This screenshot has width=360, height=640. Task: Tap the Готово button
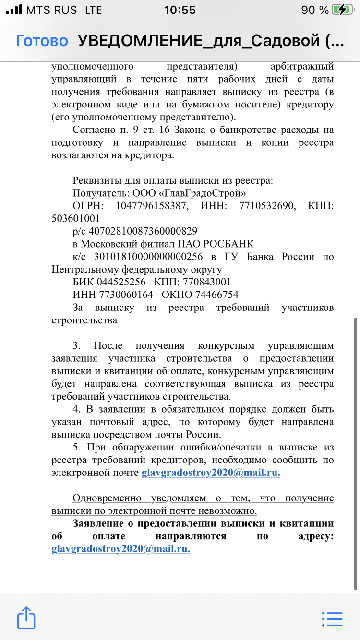click(42, 41)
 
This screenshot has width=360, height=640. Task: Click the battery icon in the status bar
click(343, 10)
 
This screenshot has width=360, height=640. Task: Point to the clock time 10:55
click(180, 10)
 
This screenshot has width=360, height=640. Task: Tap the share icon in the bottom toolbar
click(26, 617)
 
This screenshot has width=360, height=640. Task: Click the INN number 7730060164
click(126, 294)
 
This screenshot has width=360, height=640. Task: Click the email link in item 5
click(211, 473)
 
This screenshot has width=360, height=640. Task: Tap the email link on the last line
click(121, 549)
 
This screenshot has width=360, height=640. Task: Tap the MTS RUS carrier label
click(52, 10)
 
